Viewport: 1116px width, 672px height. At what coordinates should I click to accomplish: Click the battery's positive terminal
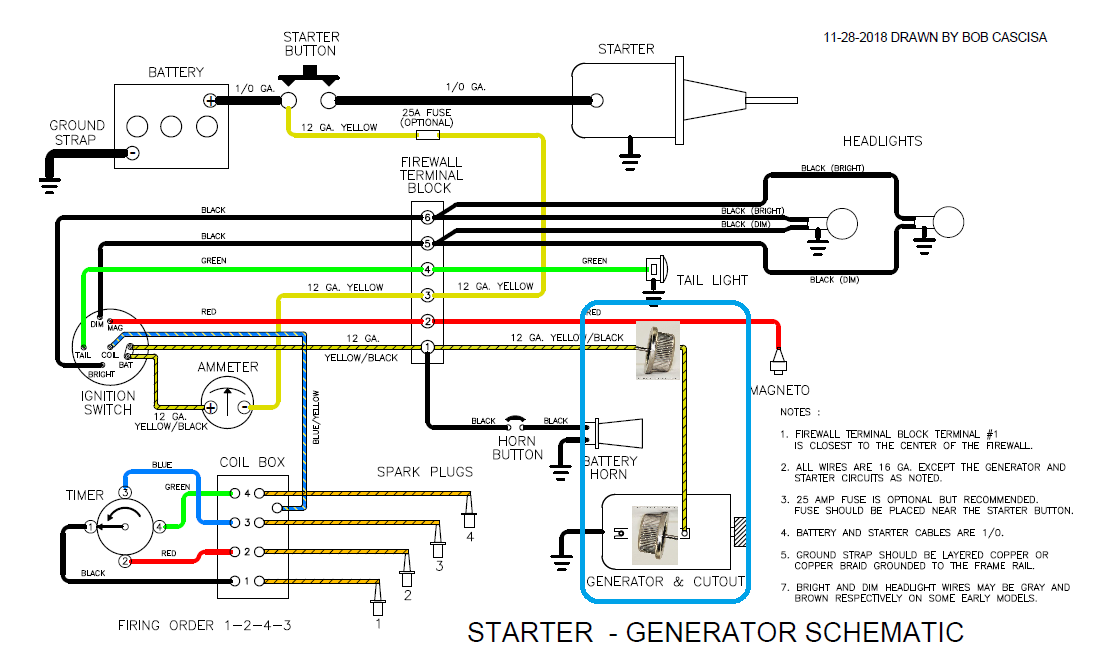click(210, 100)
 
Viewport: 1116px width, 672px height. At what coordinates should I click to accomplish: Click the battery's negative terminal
click(131, 152)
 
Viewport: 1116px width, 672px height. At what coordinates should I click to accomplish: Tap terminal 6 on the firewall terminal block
click(427, 217)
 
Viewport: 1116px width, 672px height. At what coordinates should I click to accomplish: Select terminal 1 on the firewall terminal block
click(427, 347)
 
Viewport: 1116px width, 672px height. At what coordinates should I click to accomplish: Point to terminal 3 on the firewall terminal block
click(427, 295)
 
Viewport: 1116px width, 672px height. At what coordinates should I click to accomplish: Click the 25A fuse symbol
click(427, 133)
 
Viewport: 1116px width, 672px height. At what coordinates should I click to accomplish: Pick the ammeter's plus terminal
click(211, 407)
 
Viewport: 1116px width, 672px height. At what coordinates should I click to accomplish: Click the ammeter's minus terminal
click(243, 407)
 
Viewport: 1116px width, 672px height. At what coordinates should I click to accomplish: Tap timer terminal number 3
click(126, 493)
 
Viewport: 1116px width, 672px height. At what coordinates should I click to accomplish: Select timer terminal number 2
click(126, 561)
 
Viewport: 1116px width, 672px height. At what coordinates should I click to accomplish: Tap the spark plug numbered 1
click(378, 604)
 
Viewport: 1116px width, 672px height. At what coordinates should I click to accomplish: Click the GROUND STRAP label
click(77, 133)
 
